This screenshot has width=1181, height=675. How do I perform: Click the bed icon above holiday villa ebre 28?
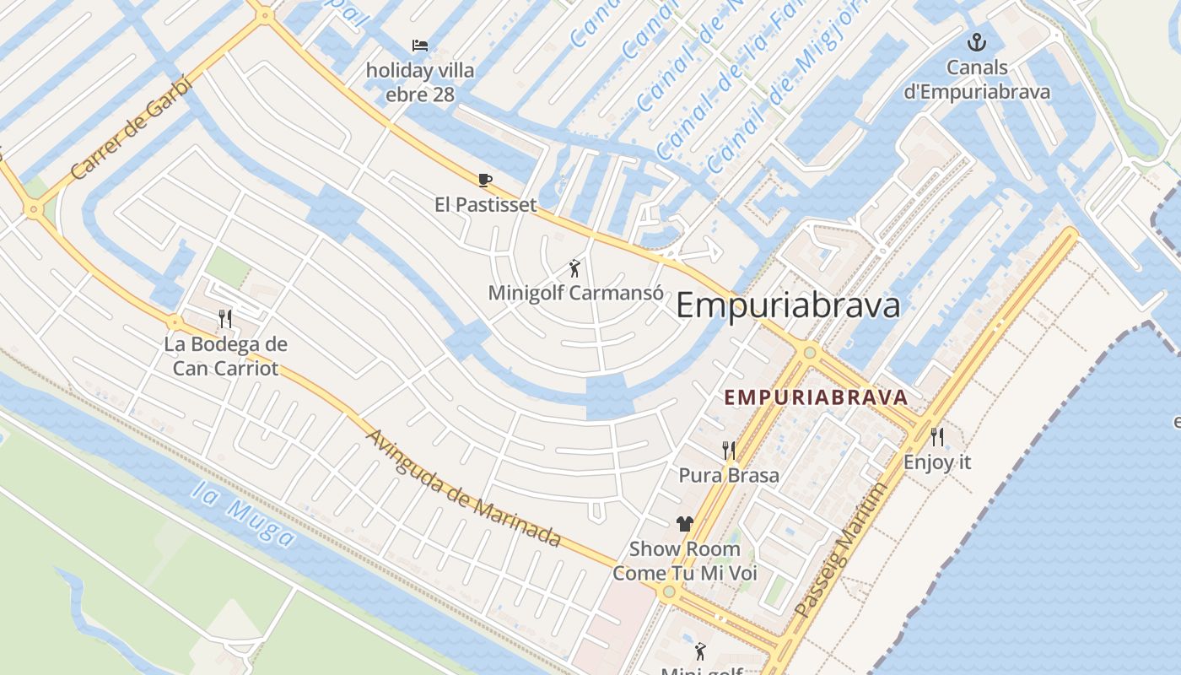(x=419, y=45)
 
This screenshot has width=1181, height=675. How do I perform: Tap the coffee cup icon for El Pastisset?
(x=484, y=180)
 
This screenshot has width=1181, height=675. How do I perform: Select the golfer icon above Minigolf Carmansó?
(x=575, y=268)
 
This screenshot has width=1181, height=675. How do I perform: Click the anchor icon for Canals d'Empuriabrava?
(x=976, y=42)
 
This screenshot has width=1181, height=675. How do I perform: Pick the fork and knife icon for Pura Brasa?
(x=729, y=451)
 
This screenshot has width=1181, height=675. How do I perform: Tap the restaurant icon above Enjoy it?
(x=937, y=437)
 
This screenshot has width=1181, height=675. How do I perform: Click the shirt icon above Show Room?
(x=684, y=524)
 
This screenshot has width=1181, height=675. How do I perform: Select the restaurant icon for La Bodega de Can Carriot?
(x=225, y=318)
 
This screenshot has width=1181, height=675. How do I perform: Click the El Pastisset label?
(x=485, y=204)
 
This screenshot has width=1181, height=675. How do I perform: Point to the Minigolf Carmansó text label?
(x=575, y=293)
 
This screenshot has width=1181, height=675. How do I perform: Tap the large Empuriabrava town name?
(x=788, y=305)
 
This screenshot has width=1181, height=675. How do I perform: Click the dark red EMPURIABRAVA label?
(x=816, y=397)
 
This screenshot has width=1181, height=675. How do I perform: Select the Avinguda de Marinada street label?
(x=464, y=488)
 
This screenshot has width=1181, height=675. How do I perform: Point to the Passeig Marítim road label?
(x=841, y=548)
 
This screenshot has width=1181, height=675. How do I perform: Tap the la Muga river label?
(x=244, y=512)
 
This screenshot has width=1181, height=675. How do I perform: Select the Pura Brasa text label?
(x=729, y=475)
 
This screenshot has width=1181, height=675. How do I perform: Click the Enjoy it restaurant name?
(x=937, y=462)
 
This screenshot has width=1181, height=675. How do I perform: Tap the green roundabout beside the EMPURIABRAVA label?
(x=810, y=352)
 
